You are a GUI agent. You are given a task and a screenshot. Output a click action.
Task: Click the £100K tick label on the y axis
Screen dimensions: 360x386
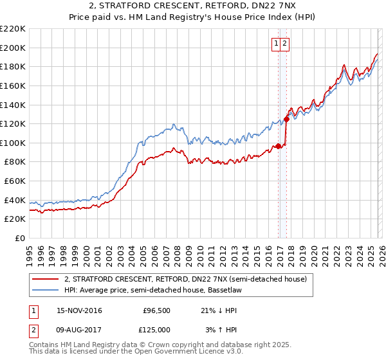[x=13, y=143]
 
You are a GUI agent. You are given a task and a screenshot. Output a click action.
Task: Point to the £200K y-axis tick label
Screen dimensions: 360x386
[x=13, y=48]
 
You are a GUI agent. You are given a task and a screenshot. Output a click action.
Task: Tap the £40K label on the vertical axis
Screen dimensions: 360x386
[x=15, y=200]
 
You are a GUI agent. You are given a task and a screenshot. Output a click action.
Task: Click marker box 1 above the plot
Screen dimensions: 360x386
[x=276, y=44]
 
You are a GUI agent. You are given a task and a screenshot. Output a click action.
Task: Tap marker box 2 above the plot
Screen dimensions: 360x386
[x=284, y=44]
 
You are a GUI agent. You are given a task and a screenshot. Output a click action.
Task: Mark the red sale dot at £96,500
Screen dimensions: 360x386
[x=278, y=146]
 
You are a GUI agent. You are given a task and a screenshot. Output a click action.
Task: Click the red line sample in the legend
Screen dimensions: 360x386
[x=46, y=280]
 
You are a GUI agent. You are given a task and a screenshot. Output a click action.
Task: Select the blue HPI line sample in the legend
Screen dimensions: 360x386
[x=46, y=290]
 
